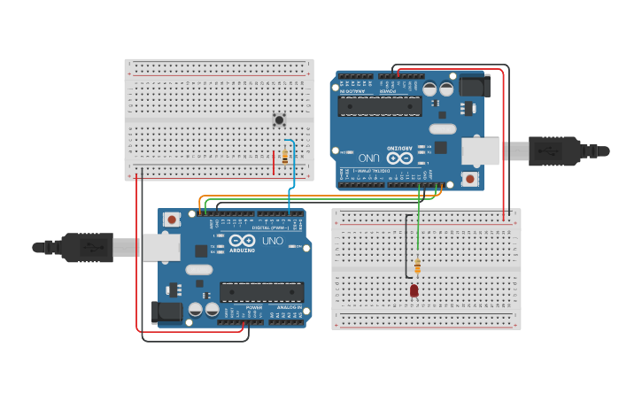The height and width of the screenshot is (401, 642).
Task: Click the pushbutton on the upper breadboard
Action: (279, 120)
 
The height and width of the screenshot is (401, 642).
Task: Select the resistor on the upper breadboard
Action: (284, 157)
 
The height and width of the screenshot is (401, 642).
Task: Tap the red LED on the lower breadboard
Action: (414, 290)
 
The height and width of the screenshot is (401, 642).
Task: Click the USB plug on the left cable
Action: (87, 247)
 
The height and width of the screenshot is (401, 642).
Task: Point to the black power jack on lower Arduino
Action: (169, 312)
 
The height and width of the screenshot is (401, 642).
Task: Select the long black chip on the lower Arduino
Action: (262, 291)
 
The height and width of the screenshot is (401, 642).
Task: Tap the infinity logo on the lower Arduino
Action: (242, 240)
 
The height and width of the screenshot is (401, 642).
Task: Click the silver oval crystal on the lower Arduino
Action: (199, 269)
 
